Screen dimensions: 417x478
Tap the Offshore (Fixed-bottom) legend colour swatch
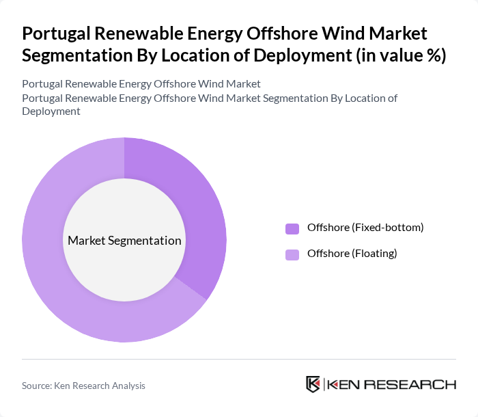click(x=292, y=228)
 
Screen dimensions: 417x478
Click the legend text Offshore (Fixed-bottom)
click(x=365, y=228)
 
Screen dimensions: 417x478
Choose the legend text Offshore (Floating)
click(x=352, y=254)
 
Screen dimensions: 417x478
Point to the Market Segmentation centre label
click(x=124, y=241)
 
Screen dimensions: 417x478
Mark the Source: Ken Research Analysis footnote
click(x=83, y=386)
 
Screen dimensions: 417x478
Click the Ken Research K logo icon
click(x=313, y=384)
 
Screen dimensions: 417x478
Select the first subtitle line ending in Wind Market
click(x=141, y=84)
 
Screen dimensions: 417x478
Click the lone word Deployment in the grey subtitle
click(x=51, y=111)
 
